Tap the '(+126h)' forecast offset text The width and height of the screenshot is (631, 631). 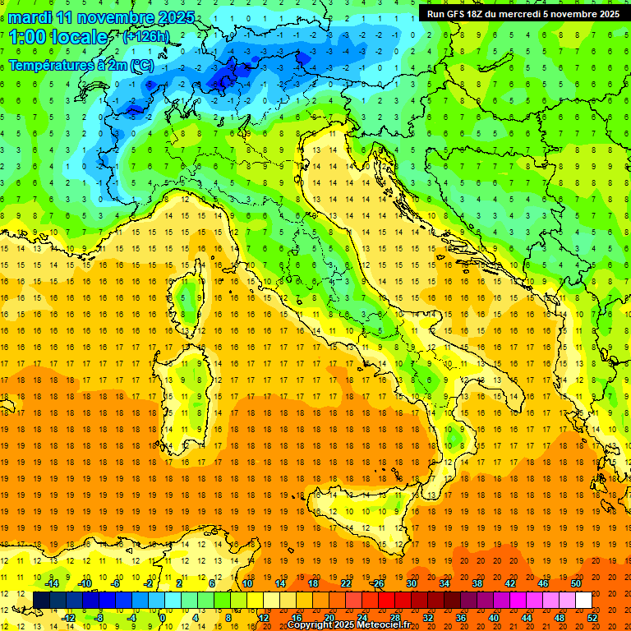tap(146, 37)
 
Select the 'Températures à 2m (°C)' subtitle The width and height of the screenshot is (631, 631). tap(81, 64)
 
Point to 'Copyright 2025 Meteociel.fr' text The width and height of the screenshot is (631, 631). tap(348, 625)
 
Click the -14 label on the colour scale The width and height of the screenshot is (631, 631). tap(53, 583)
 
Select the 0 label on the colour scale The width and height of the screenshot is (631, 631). tap(163, 618)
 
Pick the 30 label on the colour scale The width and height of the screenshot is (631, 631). tap(412, 583)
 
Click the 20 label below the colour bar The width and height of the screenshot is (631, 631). tap(329, 618)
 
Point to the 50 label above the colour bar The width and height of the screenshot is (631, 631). tap(576, 583)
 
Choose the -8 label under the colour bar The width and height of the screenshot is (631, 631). tap(99, 618)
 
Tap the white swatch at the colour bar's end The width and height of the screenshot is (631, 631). tap(583, 601)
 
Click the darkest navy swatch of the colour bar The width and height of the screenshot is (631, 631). tap(41, 601)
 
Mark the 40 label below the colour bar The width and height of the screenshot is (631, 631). tap(494, 618)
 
